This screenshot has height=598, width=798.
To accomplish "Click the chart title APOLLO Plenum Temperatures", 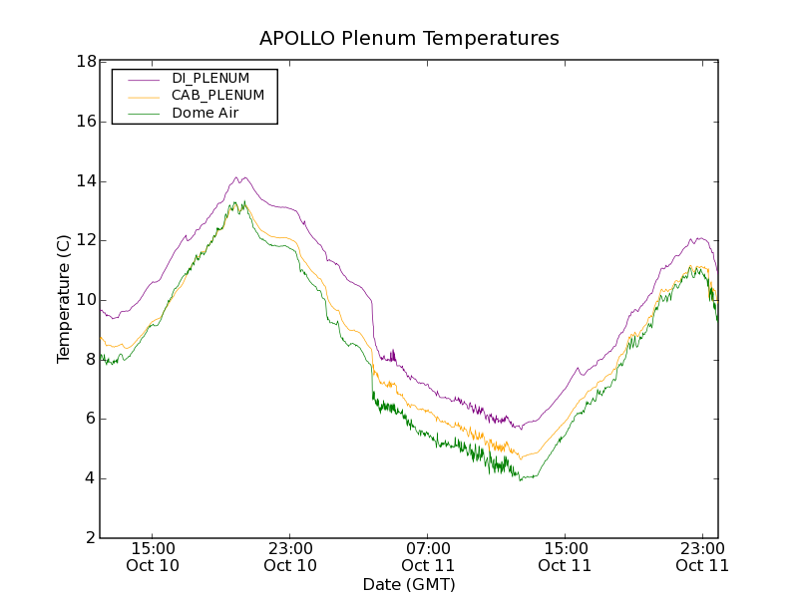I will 409,39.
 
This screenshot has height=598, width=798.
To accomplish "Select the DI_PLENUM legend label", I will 210,78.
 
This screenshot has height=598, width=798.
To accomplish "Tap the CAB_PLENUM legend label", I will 217,96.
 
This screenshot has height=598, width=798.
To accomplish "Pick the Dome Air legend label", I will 205,114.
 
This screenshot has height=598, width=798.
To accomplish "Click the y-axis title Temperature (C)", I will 64,299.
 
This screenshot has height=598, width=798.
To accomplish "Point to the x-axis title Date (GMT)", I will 409,584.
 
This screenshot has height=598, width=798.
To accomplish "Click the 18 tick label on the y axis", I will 86,62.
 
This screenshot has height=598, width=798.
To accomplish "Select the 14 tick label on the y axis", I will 86,181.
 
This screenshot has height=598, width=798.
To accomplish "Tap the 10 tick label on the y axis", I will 86,300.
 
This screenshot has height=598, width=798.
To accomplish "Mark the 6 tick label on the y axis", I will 91,419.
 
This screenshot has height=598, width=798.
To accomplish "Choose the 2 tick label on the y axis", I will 91,538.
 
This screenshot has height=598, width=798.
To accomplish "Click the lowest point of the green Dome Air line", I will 520,480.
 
